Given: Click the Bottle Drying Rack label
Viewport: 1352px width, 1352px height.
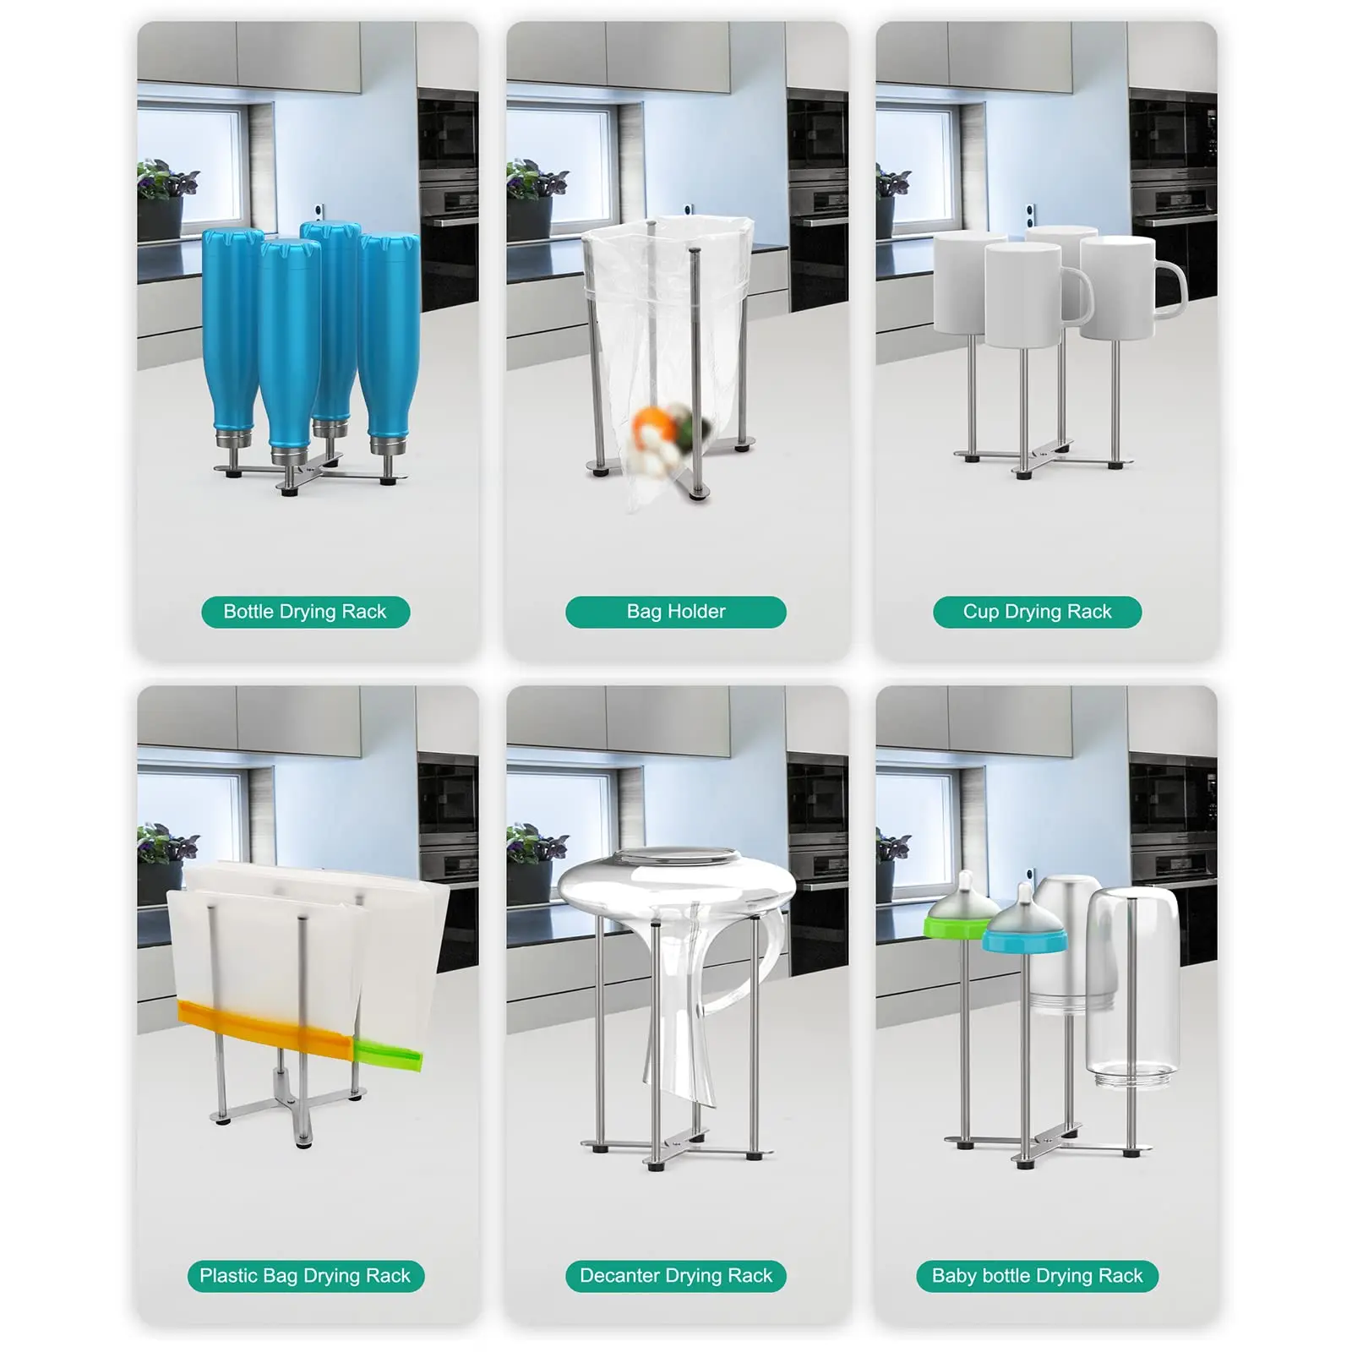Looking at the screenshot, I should (x=305, y=612).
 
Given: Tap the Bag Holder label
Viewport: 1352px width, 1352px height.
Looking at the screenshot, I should (x=675, y=612).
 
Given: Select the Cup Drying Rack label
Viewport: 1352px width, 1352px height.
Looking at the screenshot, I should (x=1037, y=612).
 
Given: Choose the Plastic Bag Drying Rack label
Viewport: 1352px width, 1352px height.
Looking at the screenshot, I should (x=305, y=1276).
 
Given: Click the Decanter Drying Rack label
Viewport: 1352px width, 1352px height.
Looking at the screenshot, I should (x=675, y=1276).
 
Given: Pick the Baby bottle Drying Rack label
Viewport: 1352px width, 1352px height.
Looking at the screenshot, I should (x=1037, y=1276).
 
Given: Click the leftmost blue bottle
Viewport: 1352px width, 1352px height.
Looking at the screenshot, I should (x=232, y=330).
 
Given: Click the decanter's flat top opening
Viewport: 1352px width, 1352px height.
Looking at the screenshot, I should (x=676, y=858).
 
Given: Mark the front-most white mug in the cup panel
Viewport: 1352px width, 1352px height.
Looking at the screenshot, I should (x=1022, y=296).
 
